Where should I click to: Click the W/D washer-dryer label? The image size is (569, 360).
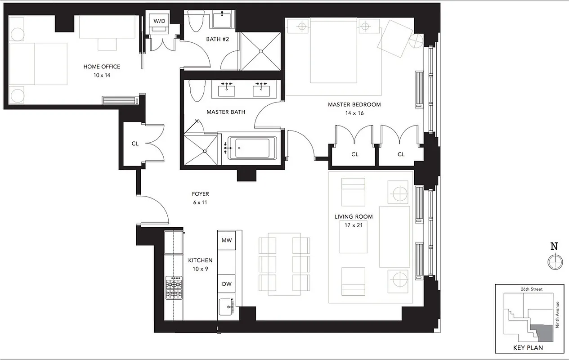coord(159,21)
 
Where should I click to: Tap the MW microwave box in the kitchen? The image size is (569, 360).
coord(227,240)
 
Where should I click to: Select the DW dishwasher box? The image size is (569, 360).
coord(227,284)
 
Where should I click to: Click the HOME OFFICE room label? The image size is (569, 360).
coord(102,67)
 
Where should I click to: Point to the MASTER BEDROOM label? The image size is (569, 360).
coord(354,104)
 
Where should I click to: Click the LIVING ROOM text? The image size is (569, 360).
coord(354,216)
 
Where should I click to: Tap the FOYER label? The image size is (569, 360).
coord(200,194)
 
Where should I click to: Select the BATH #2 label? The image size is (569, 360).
coord(218,39)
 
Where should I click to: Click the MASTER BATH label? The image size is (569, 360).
coord(226,112)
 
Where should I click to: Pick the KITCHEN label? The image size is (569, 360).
coord(200,260)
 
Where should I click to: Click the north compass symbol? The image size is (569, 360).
coord(554,261)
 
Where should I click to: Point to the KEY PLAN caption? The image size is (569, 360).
coord(528,347)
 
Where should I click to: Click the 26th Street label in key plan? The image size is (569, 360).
coord(528,289)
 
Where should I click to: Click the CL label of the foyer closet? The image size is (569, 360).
coord(134,144)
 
